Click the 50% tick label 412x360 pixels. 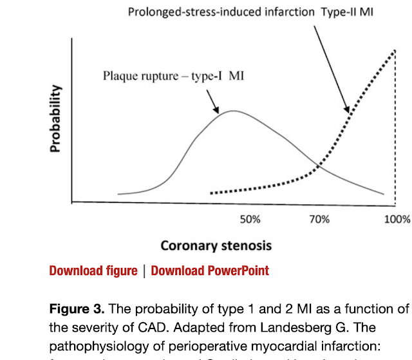pyautogui.click(x=250, y=220)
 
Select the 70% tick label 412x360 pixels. pyautogui.click(x=319, y=220)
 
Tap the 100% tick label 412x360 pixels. pyautogui.click(x=397, y=220)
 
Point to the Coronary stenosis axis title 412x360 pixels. pyautogui.click(x=216, y=245)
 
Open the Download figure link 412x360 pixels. pyautogui.click(x=93, y=270)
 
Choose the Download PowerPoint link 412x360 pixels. pyautogui.click(x=210, y=270)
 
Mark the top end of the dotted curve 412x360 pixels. pyautogui.click(x=393, y=51)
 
